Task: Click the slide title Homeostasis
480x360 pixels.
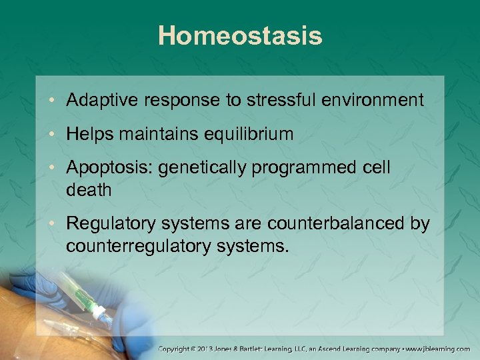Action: tap(240, 36)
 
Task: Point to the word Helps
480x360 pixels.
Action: tap(88, 134)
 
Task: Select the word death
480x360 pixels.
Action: tap(89, 190)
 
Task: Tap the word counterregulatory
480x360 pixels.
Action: tap(145, 247)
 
